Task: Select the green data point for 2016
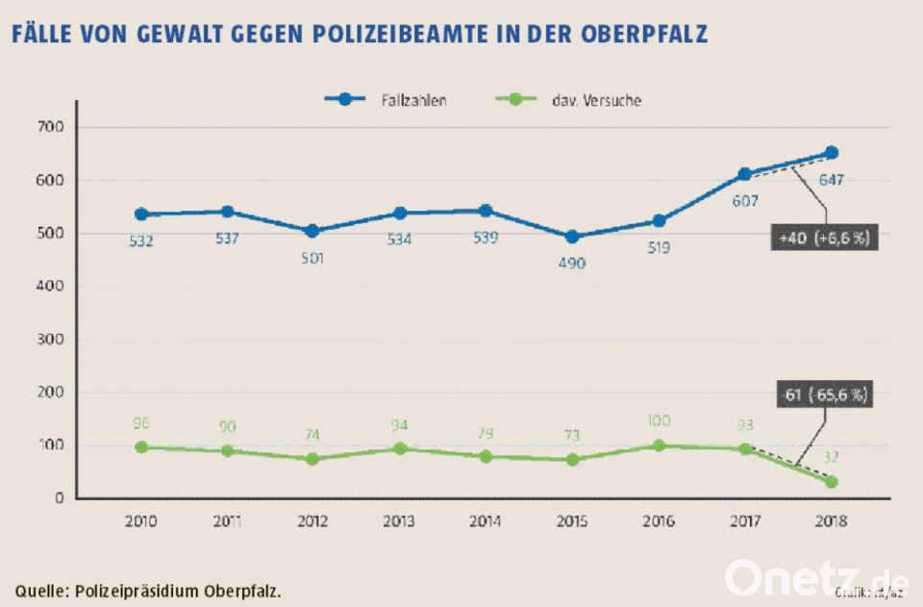click(x=659, y=445)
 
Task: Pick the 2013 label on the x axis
click(x=399, y=521)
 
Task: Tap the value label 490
click(x=572, y=263)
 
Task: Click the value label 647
click(x=832, y=180)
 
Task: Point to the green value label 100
click(x=659, y=421)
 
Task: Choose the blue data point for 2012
click(x=313, y=231)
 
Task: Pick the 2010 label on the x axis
click(x=140, y=521)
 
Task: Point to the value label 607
click(x=745, y=202)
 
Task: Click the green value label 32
click(x=832, y=458)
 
